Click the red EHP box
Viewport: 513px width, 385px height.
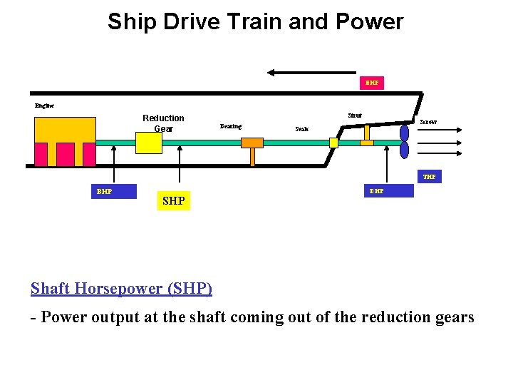point(371,83)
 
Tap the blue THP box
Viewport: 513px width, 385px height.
point(429,177)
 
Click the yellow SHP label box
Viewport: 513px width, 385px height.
point(173,201)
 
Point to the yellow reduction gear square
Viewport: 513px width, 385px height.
point(149,143)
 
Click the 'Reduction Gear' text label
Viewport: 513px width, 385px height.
point(163,123)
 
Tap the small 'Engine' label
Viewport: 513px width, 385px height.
point(44,106)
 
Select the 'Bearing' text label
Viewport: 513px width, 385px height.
point(231,126)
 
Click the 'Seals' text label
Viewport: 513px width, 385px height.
point(302,130)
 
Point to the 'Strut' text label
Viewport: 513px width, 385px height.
point(354,115)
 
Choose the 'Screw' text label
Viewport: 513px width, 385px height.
point(428,122)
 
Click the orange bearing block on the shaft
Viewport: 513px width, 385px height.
point(252,143)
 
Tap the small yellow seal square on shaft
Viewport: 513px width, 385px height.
point(333,143)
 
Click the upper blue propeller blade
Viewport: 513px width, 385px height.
point(405,131)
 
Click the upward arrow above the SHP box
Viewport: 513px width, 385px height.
point(180,168)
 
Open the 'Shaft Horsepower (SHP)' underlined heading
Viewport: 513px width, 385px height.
point(121,288)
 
